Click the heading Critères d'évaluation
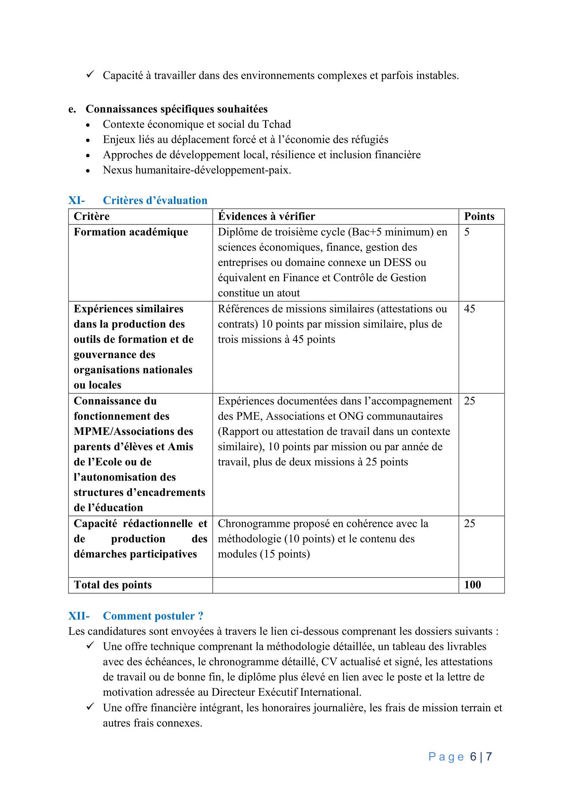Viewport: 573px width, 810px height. (x=155, y=201)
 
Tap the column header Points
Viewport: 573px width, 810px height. (x=479, y=216)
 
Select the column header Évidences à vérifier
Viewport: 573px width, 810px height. (x=266, y=216)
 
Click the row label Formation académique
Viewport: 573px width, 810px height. (x=131, y=232)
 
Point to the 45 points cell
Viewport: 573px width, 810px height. (x=469, y=309)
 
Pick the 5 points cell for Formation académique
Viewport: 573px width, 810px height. (x=467, y=232)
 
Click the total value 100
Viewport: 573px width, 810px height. (x=473, y=585)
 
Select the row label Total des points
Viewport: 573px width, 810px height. (x=113, y=585)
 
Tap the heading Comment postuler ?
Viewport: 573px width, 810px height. (x=153, y=616)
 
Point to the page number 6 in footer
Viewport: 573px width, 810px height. (x=473, y=757)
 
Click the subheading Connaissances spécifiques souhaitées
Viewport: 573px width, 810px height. (x=176, y=109)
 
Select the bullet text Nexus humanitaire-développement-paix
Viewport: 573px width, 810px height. (x=197, y=170)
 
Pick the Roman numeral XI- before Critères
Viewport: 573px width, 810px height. (x=77, y=201)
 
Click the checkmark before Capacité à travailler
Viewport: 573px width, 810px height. (x=90, y=74)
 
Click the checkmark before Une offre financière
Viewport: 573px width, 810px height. (x=90, y=707)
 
